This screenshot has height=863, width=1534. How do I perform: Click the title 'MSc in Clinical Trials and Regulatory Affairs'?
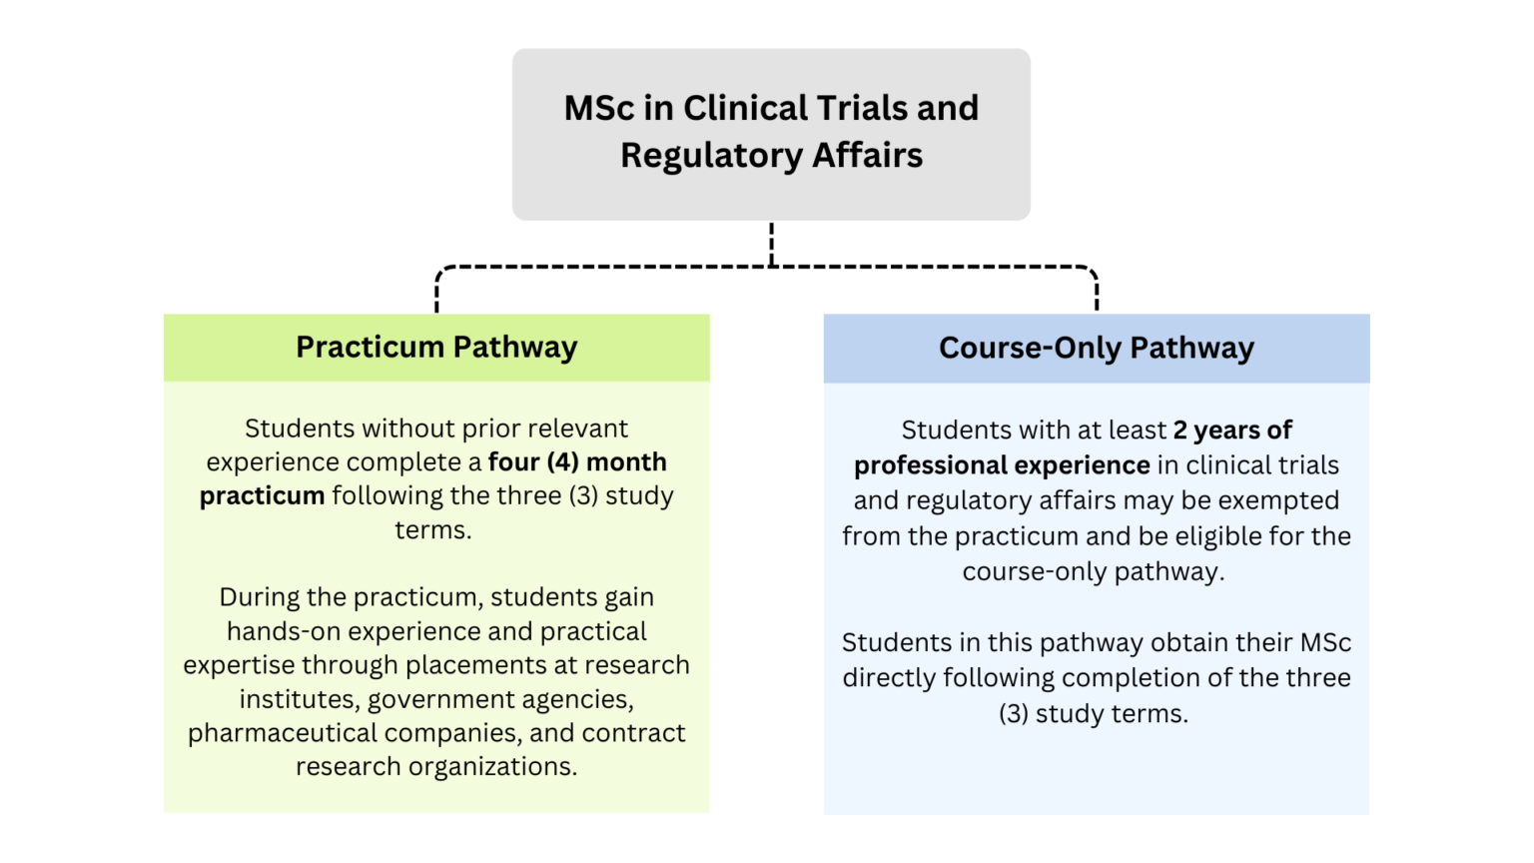771,132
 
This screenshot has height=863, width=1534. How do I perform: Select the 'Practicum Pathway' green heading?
436,348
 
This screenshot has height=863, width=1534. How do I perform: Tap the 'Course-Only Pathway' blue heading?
1096,349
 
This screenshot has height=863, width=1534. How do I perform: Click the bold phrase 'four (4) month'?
577,462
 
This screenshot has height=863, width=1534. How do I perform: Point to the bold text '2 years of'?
1232,431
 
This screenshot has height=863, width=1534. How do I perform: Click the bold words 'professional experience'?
1002,465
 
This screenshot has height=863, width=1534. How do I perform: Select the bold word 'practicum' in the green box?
262,496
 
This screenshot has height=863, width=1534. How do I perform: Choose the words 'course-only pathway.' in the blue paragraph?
1093,572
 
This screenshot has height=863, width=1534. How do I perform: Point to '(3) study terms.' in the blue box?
1094,714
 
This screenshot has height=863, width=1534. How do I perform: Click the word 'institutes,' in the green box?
300,699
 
